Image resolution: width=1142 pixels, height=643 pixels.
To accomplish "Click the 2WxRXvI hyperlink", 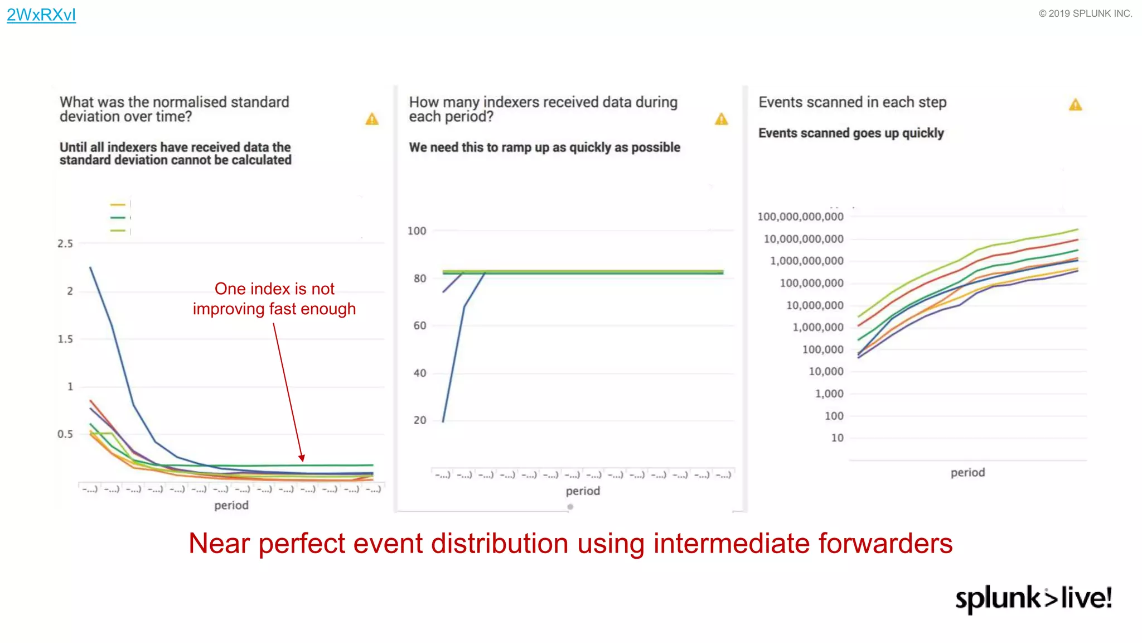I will tap(41, 15).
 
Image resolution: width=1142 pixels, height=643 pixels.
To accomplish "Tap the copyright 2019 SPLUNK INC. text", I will tap(1085, 13).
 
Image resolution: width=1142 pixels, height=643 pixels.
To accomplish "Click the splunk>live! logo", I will tap(1033, 598).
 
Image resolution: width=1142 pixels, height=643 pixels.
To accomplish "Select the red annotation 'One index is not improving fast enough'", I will tap(274, 299).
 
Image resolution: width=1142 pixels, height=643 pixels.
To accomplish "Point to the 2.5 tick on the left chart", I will tap(65, 243).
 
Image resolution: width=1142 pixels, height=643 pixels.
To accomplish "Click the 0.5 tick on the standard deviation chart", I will tap(65, 434).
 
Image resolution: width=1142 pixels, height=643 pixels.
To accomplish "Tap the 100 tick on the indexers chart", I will tap(417, 231).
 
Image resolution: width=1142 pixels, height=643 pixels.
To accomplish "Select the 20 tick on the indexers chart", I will tap(419, 420).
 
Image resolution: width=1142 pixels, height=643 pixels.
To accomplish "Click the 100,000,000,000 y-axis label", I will tap(800, 217).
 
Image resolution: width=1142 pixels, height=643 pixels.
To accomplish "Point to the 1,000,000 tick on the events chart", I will tap(817, 327).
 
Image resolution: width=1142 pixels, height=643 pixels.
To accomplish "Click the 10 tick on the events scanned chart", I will tap(837, 438).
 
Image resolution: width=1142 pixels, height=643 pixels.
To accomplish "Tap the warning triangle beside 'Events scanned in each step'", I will tap(1075, 104).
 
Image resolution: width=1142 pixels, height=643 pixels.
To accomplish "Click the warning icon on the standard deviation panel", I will tap(372, 119).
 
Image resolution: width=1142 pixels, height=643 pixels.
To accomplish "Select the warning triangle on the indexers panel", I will tap(721, 119).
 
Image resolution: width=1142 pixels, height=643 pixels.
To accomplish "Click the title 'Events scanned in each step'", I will tap(852, 102).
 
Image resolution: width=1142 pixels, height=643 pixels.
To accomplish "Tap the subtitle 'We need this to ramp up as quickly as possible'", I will tap(544, 147).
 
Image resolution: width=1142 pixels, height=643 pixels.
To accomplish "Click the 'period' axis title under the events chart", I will tap(967, 472).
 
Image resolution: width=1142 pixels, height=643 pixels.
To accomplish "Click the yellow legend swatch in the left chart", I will tap(118, 205).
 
